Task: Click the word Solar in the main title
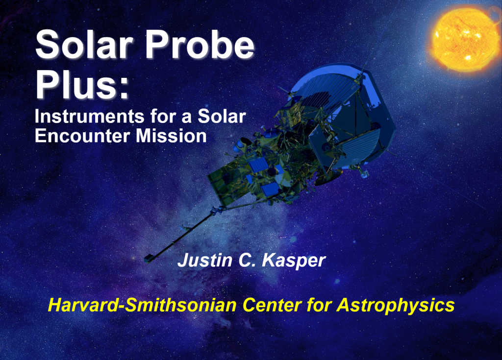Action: coord(84,44)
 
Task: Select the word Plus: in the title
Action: coord(82,84)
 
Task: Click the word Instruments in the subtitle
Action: coord(90,116)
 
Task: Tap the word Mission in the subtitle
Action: coord(171,136)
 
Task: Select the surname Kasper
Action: coord(294,261)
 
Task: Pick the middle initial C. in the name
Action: coord(247,260)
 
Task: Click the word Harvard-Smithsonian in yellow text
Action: coord(142,305)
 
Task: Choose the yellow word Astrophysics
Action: coord(396,305)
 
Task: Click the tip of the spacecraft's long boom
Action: coord(148,259)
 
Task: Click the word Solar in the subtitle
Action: coord(222,116)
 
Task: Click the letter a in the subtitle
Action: coord(187,118)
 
